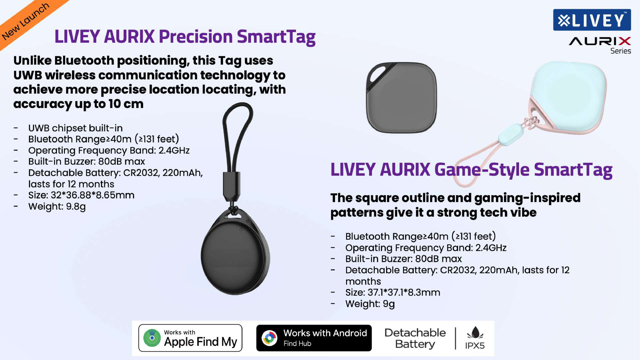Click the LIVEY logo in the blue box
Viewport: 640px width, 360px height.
[x=592, y=20]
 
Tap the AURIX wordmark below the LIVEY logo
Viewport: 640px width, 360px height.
[x=600, y=41]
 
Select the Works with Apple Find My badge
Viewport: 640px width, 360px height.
[x=190, y=338]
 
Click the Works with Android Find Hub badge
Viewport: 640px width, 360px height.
[x=314, y=338]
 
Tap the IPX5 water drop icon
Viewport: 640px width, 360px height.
[x=475, y=333]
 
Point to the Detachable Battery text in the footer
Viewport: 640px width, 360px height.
[x=415, y=338]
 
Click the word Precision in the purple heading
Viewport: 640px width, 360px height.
[x=195, y=36]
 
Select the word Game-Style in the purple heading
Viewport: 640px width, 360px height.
[x=482, y=170]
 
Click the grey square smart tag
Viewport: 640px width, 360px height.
[x=401, y=98]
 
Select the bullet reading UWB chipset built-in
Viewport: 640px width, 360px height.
[x=75, y=128]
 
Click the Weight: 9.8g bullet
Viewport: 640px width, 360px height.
[x=57, y=206]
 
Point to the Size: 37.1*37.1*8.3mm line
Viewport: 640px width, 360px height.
[x=393, y=292]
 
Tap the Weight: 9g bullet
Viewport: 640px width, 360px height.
[x=370, y=304]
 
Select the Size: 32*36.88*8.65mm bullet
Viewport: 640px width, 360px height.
[x=81, y=195]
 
